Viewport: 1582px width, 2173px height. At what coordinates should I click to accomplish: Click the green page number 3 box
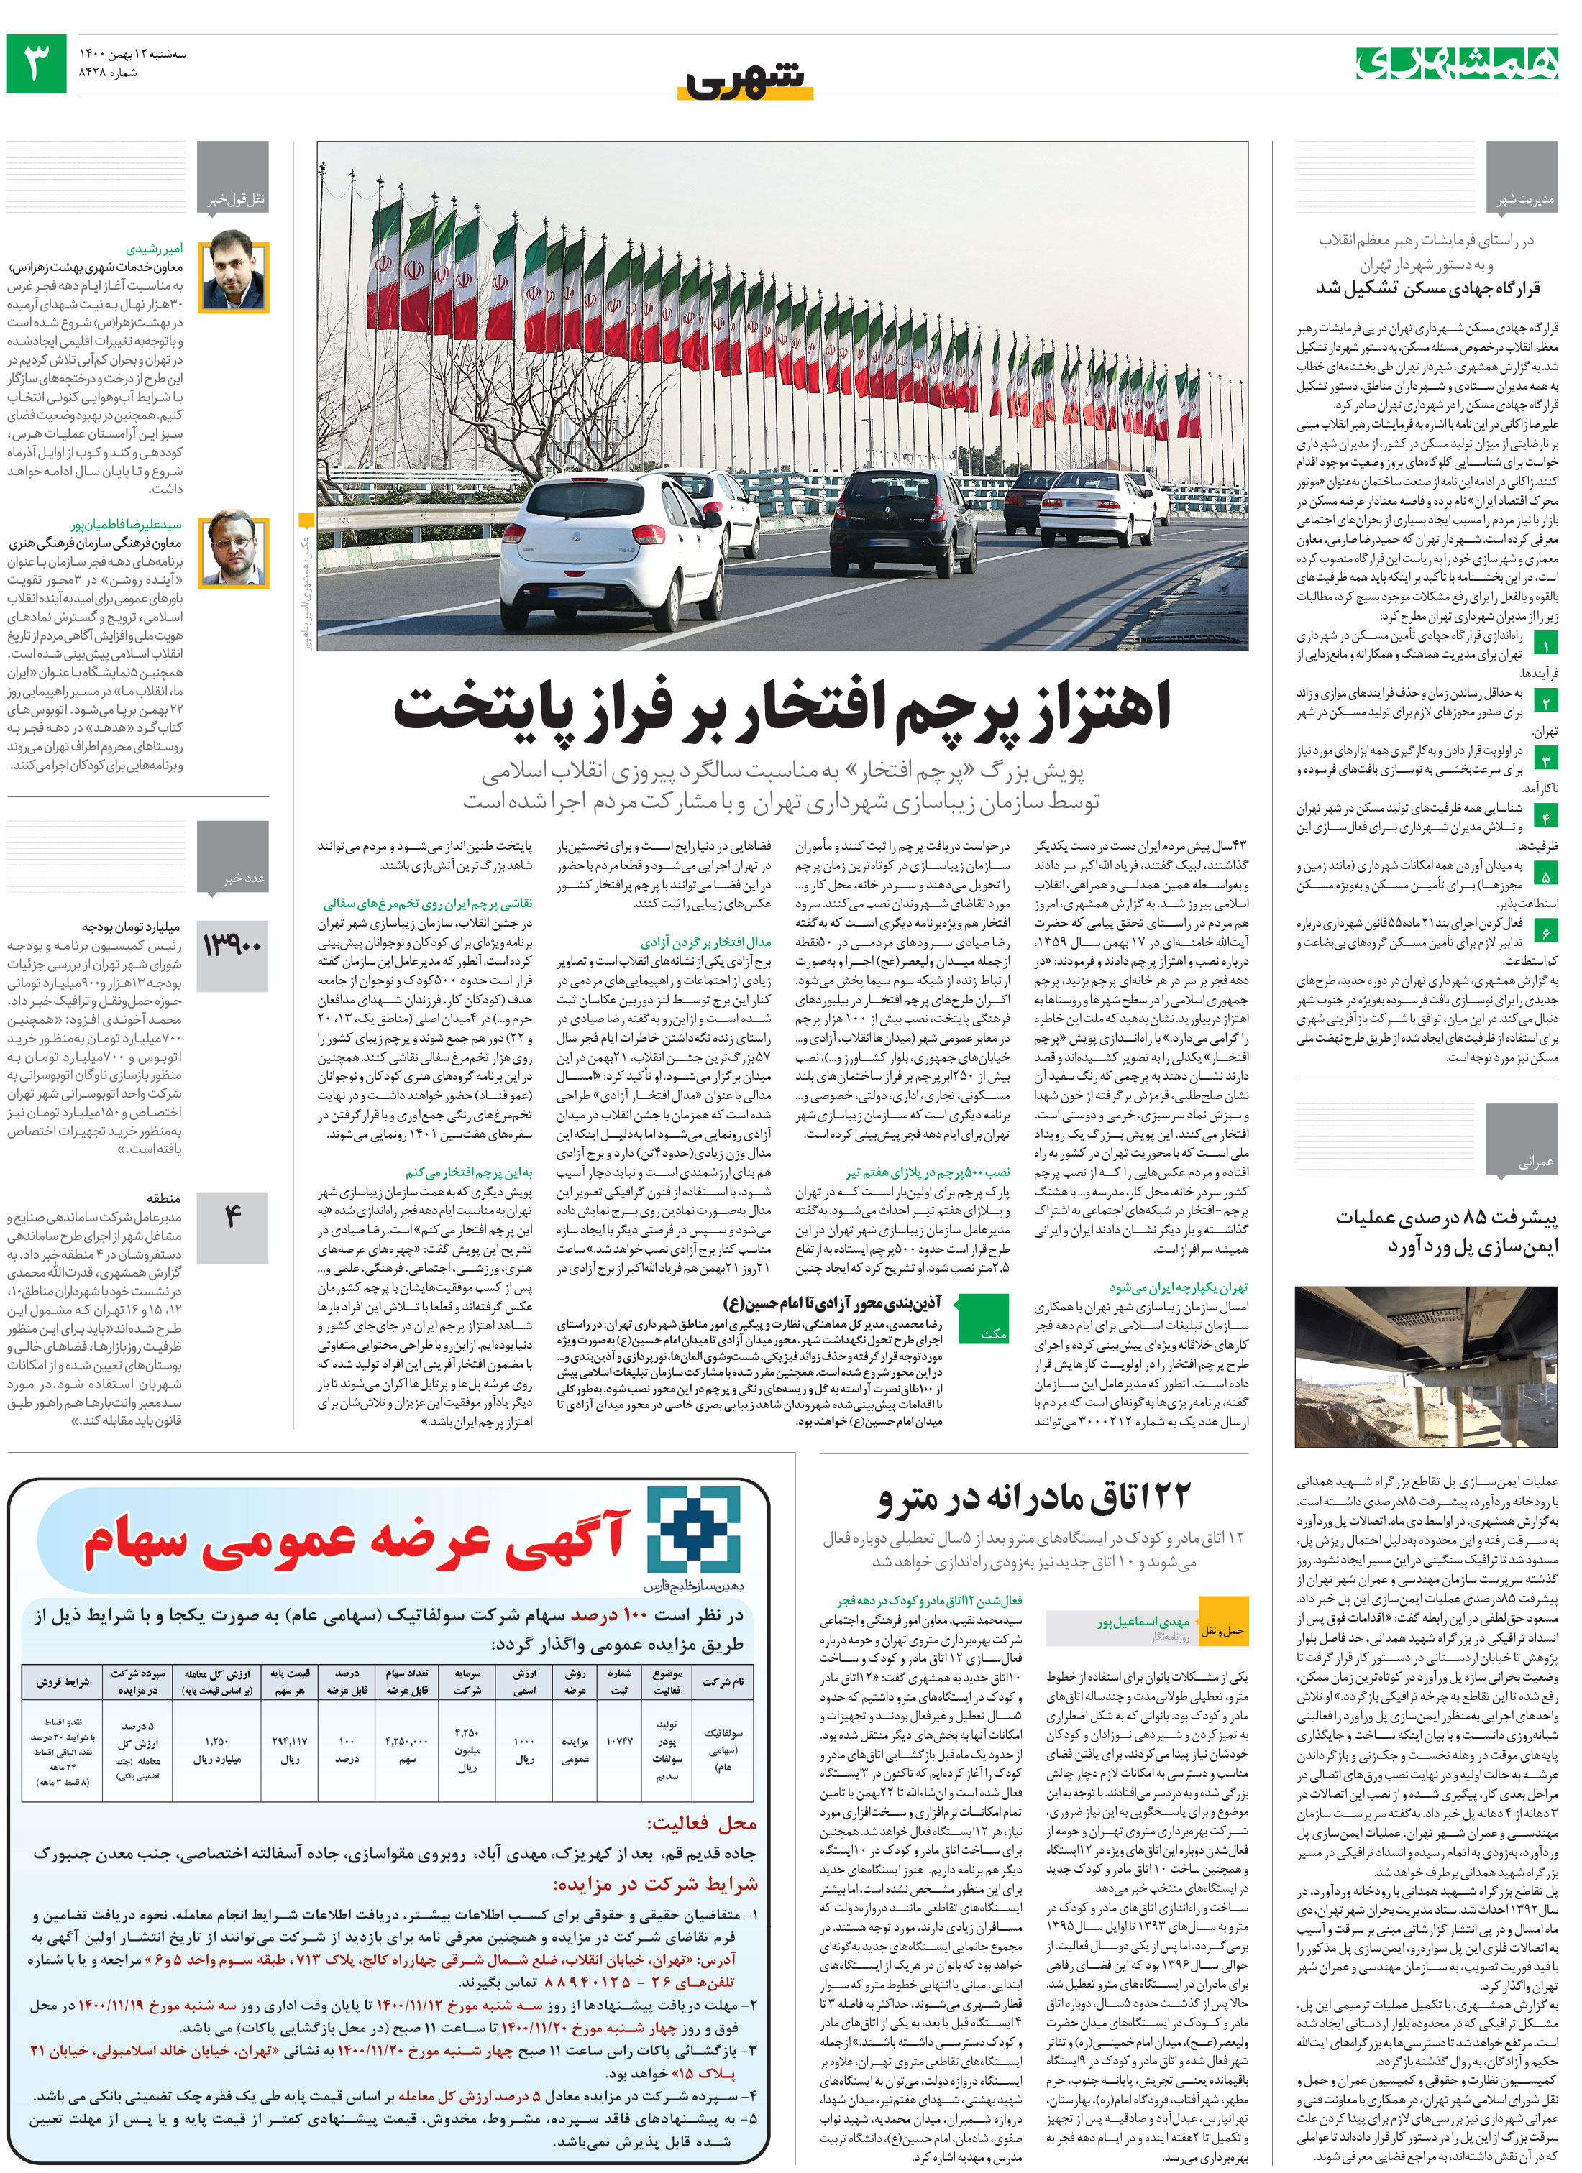(37, 63)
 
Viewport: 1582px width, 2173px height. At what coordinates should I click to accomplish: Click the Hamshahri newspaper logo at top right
(1455, 63)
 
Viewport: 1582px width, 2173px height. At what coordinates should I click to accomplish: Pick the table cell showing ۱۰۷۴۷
(619, 1740)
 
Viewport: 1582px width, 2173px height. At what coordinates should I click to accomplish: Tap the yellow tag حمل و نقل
(1222, 1630)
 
